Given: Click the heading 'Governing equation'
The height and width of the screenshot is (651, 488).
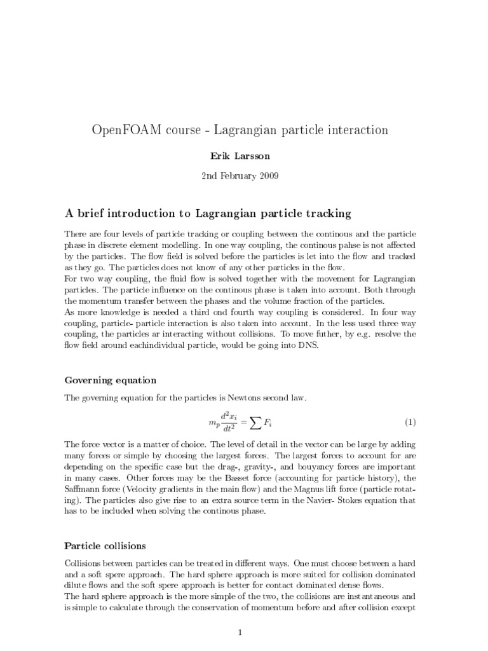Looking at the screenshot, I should coord(111,380).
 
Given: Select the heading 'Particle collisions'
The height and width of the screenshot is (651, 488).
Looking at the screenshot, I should coord(105,545).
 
